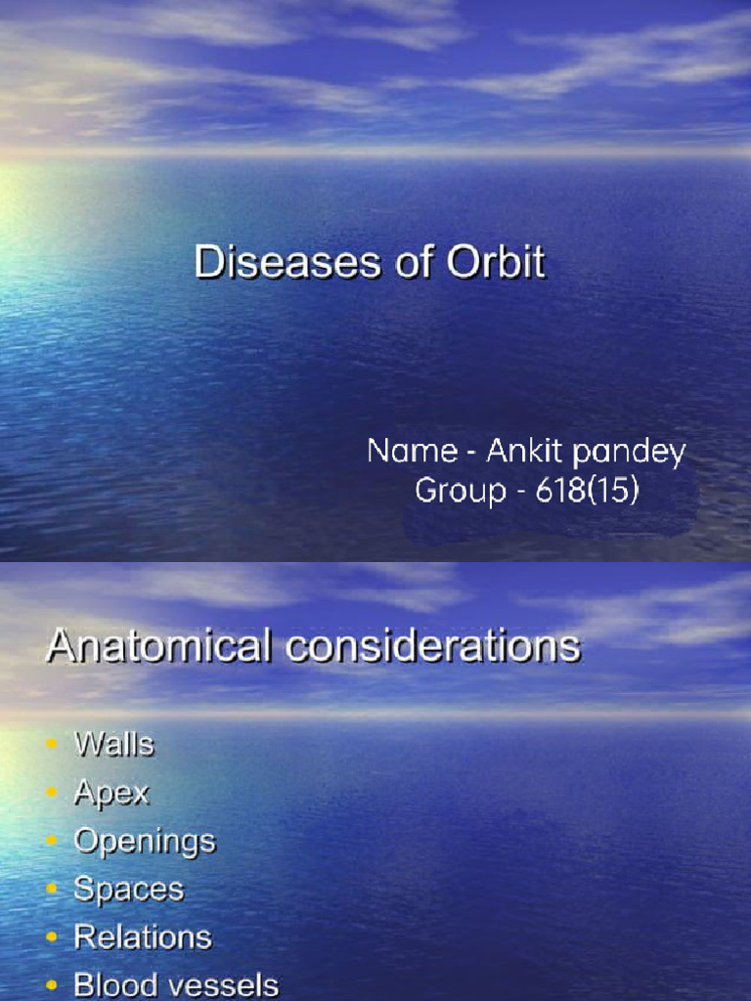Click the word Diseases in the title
point(260,264)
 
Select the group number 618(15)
point(587,490)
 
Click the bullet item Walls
point(114,744)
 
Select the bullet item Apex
point(111,793)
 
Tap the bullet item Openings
point(145,842)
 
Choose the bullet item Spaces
point(128,890)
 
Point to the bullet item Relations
point(143,937)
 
